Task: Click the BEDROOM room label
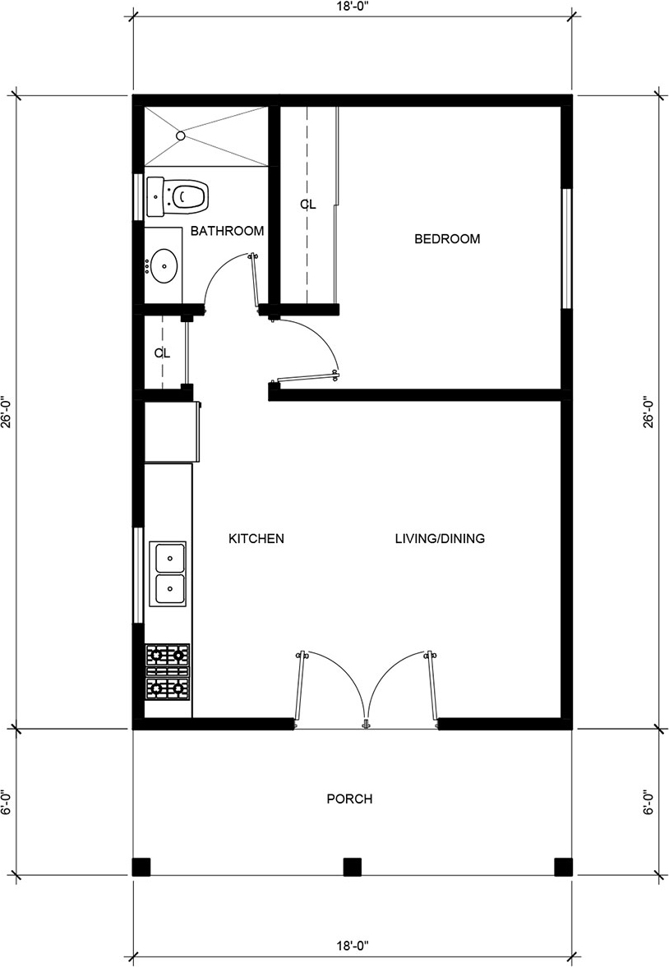(x=447, y=238)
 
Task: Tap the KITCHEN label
(x=256, y=538)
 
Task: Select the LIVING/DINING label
(x=440, y=538)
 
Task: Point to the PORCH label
(x=349, y=799)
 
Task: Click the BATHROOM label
(x=227, y=231)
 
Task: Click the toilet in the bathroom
(x=178, y=196)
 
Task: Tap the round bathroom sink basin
(x=164, y=266)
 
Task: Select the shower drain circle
(x=180, y=135)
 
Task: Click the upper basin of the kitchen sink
(x=168, y=558)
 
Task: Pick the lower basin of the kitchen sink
(x=168, y=590)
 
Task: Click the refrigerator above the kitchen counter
(x=173, y=431)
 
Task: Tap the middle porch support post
(x=352, y=867)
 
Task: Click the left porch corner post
(x=141, y=867)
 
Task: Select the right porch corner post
(x=563, y=867)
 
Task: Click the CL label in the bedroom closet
(x=308, y=205)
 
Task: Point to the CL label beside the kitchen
(x=162, y=353)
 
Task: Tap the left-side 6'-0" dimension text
(x=6, y=803)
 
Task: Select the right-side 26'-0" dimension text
(x=648, y=412)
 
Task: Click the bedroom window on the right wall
(x=566, y=248)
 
